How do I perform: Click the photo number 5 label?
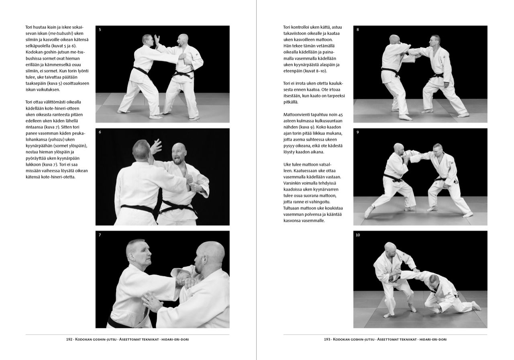100,30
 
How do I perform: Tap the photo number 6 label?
100,132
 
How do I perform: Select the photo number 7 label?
100,235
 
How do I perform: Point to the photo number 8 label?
358,30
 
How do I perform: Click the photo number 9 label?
358,132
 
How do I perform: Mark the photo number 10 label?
358,235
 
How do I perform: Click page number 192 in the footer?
69,340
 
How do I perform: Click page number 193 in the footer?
327,340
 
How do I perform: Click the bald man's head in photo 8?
394,40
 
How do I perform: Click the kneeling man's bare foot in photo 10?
475,306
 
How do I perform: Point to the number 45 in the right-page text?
341,115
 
